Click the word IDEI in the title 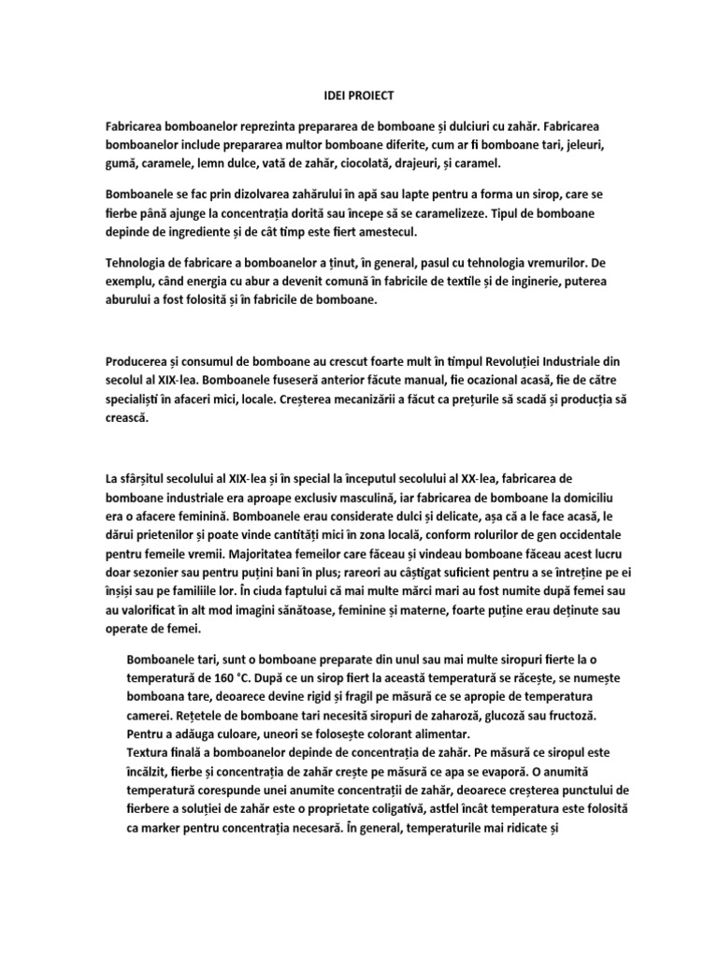pos(323,95)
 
